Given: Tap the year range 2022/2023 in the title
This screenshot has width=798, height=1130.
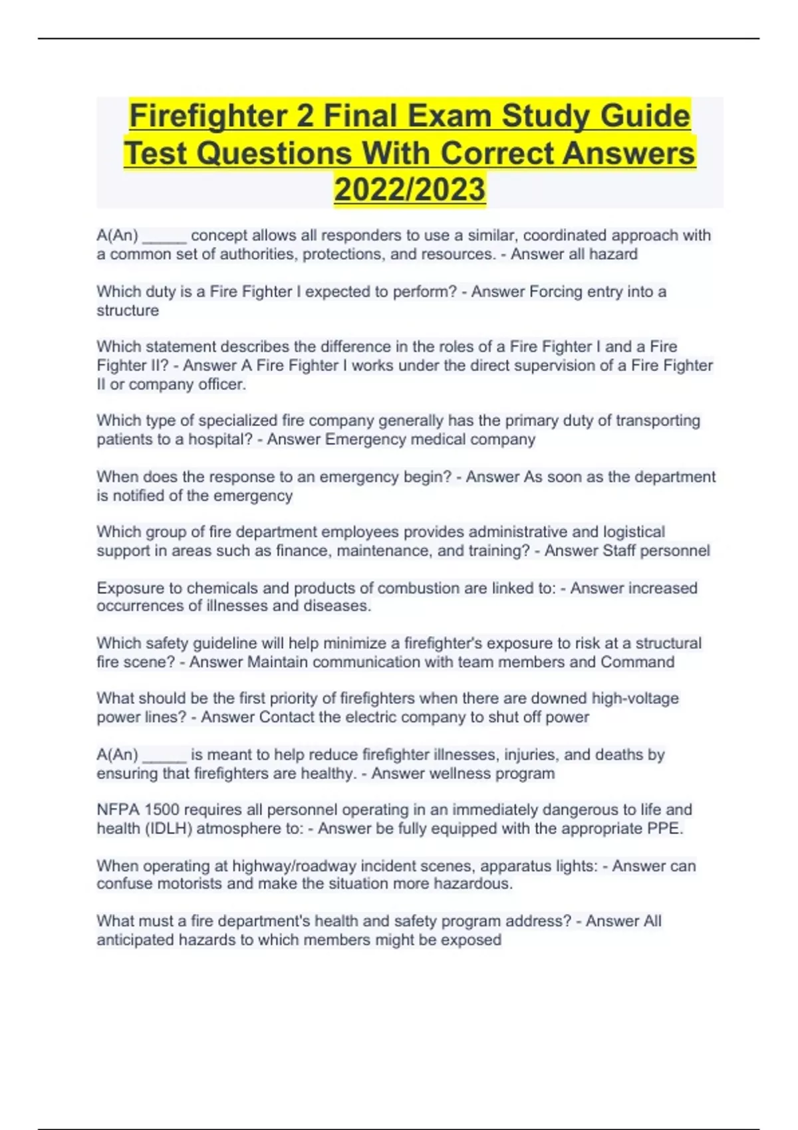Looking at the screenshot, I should (x=410, y=189).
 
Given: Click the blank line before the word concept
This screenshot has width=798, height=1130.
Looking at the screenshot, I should (x=164, y=237).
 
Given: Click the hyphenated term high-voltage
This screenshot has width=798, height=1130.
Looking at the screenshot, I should (x=635, y=699).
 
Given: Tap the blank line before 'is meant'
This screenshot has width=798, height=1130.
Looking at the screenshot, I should (x=164, y=756).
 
